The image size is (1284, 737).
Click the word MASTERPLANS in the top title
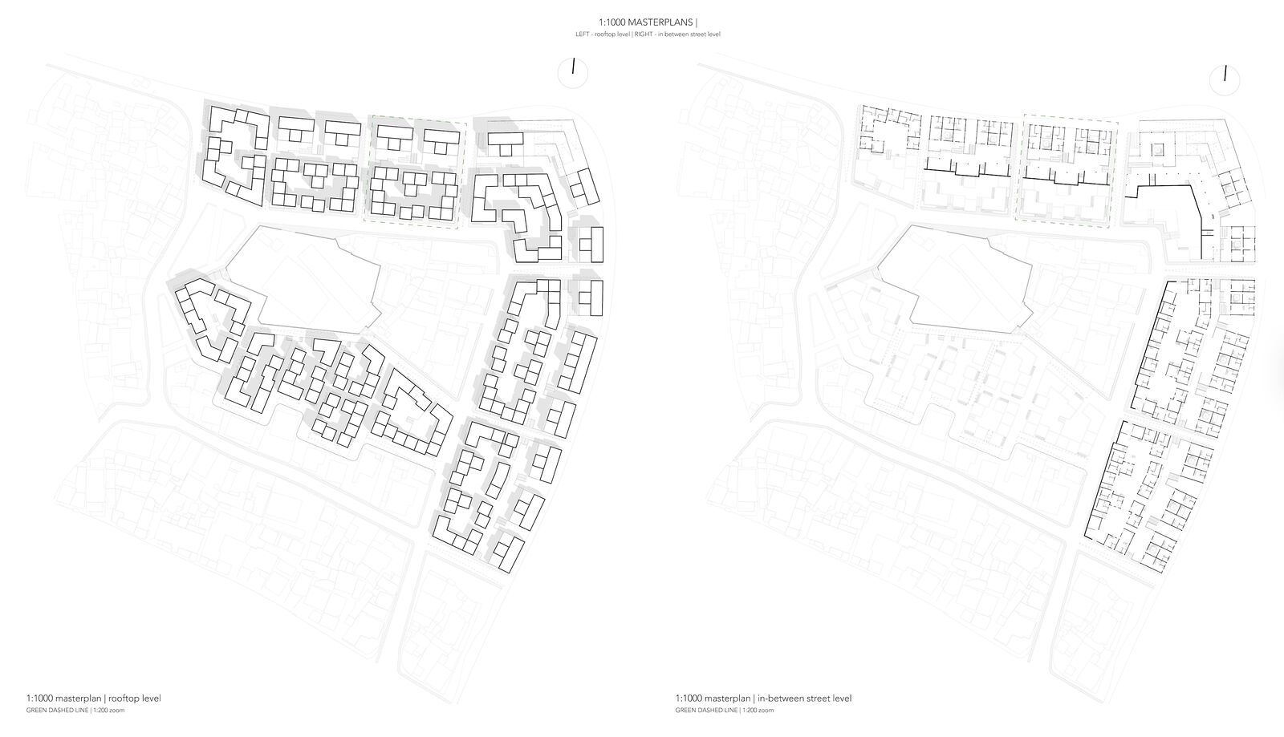(660, 22)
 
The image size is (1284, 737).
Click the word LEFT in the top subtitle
(581, 34)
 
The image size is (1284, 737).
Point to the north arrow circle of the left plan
(573, 73)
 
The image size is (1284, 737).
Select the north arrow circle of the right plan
(1225, 81)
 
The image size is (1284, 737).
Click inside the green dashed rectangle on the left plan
(415, 172)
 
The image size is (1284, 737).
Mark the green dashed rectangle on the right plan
(1067, 171)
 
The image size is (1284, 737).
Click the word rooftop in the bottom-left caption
(123, 699)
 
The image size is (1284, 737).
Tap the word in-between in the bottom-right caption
(781, 699)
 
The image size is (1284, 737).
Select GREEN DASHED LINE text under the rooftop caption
(57, 711)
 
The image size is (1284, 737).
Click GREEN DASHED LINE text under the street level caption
(707, 711)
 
